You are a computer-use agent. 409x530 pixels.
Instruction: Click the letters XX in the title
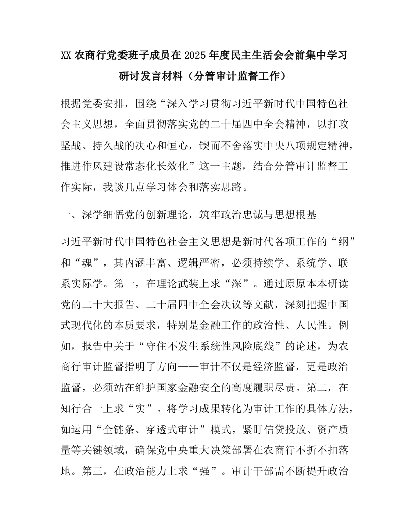66,55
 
